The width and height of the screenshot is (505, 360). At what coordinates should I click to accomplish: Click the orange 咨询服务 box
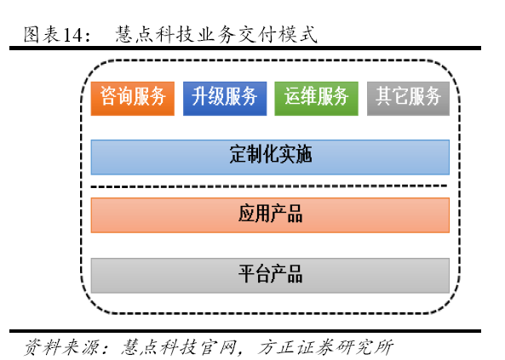coord(133,99)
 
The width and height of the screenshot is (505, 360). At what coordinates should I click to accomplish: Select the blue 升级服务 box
coord(225,99)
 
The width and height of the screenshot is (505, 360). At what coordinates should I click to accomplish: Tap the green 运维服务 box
coord(316,99)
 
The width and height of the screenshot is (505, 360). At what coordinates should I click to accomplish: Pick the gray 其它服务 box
coord(409,99)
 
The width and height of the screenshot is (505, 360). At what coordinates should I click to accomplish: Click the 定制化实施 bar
coord(270,157)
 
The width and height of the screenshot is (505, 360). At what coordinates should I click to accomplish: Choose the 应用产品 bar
coord(270,215)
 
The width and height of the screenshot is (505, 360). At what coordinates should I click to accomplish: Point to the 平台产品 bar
coord(270,275)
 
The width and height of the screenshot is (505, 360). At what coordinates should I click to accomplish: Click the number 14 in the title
coord(72,35)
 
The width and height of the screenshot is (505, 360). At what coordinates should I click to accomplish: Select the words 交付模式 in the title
coord(278,34)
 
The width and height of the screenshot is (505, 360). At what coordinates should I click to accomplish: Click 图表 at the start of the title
coord(42,34)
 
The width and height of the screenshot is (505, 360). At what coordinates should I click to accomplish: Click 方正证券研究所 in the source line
coord(325,347)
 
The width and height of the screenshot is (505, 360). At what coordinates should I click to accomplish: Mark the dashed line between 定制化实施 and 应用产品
coord(269,186)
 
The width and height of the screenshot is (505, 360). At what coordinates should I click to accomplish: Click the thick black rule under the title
coord(245,49)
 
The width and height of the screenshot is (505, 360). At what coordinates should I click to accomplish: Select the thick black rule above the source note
coord(245,331)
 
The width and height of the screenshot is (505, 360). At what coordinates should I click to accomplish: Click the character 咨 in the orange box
coord(108,96)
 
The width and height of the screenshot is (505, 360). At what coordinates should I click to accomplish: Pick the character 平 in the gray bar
coord(246,274)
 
